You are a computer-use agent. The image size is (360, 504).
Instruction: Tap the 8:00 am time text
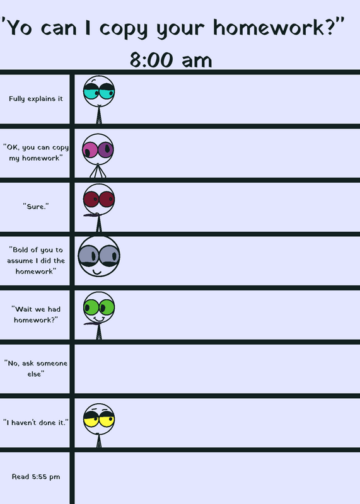tap(171, 60)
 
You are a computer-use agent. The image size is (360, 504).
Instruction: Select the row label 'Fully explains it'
tap(36, 99)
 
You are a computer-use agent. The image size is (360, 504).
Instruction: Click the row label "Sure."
tap(36, 207)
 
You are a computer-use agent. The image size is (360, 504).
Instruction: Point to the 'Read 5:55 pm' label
tap(36, 476)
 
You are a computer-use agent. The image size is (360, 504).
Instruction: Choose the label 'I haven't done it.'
tap(36, 422)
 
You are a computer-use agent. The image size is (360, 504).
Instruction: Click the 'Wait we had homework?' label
tap(36, 314)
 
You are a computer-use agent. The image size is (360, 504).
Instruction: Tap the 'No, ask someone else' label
tap(36, 369)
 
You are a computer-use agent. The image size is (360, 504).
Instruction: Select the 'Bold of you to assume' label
tap(36, 260)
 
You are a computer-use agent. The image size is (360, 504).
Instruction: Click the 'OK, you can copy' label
tap(36, 152)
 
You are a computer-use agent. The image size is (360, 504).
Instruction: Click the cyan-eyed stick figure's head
tap(99, 91)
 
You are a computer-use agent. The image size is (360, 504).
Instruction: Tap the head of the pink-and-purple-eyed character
tap(98, 149)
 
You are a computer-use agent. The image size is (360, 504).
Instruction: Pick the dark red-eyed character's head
tap(99, 199)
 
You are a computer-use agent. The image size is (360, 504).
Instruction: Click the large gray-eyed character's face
tap(99, 256)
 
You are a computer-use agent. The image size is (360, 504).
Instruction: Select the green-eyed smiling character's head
tap(99, 307)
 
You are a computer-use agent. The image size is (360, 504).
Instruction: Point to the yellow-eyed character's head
tap(99, 419)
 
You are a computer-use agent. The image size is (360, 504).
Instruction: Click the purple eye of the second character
tap(105, 150)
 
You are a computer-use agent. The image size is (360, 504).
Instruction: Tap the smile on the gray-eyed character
tap(97, 273)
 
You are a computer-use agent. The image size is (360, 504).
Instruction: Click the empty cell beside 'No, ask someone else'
tap(217, 369)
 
